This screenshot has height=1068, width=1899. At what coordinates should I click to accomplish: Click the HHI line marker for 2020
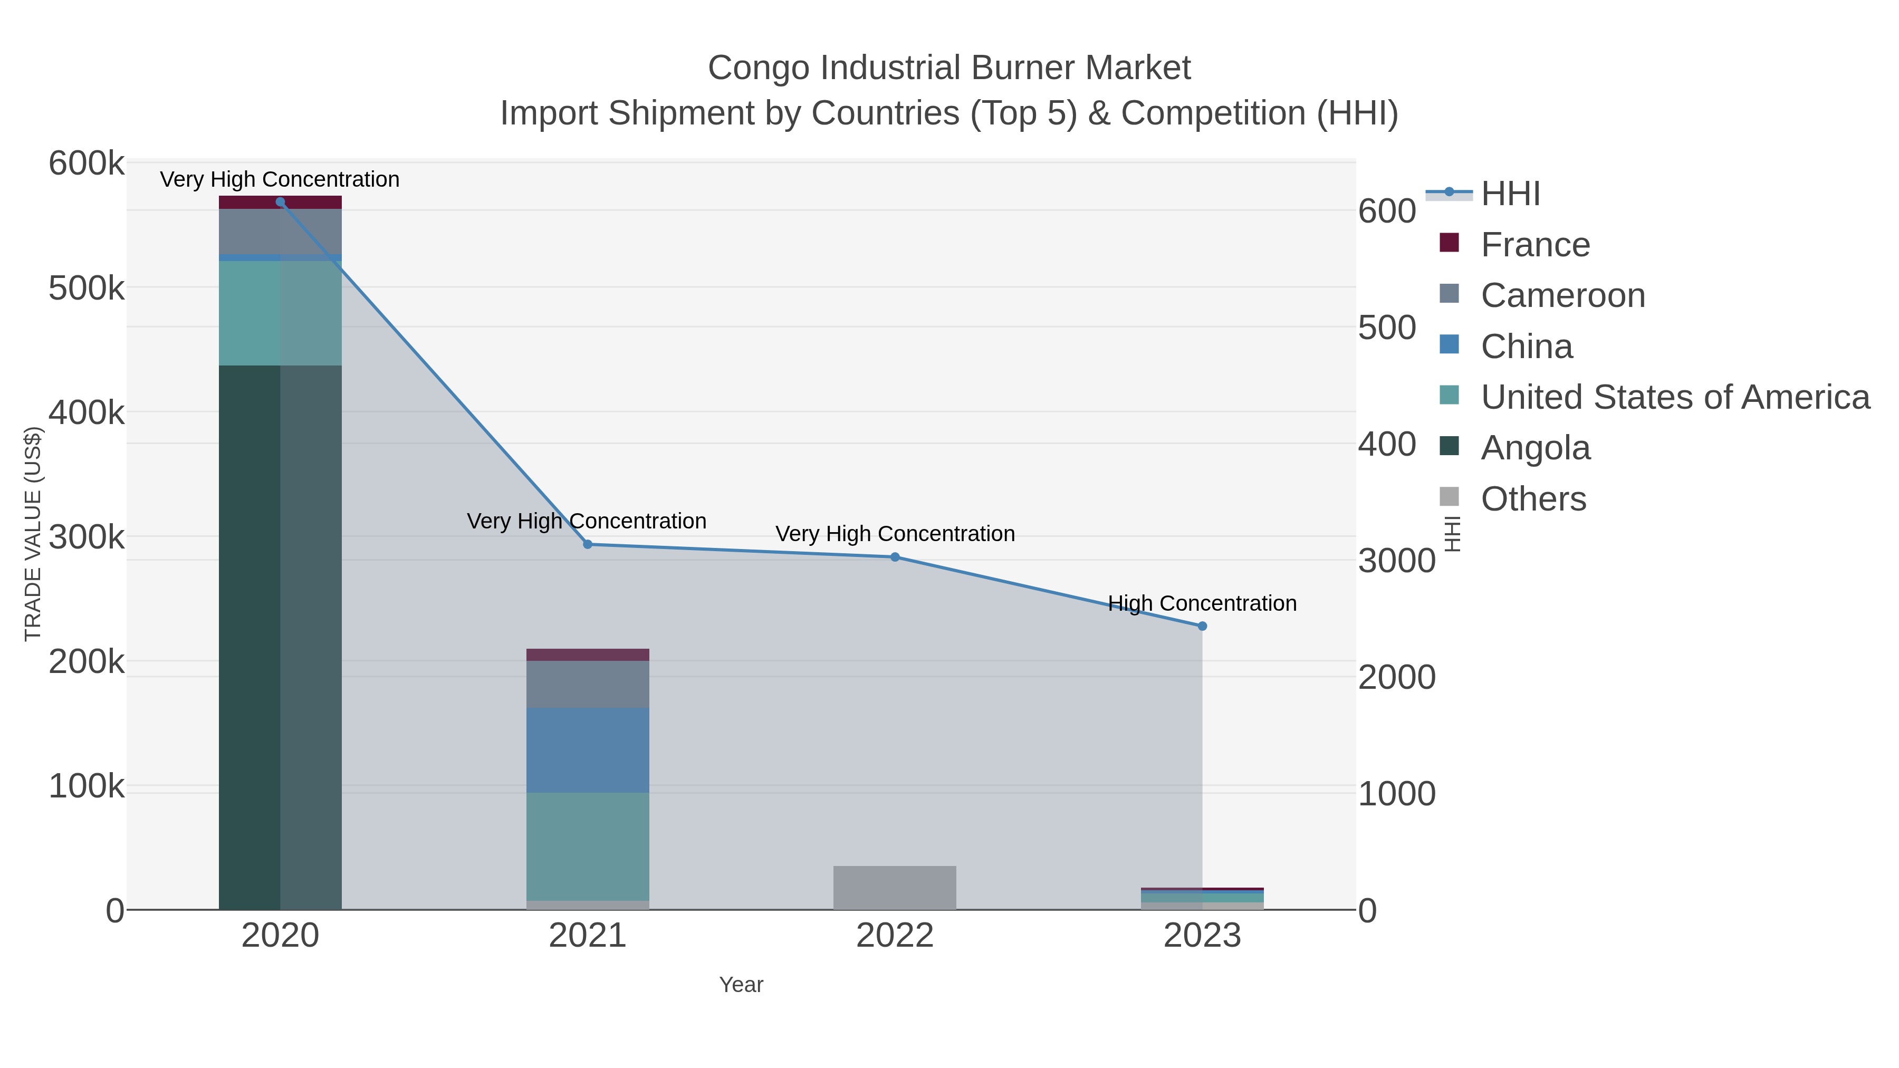tap(280, 202)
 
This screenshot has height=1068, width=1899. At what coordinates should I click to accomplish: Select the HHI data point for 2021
tap(588, 545)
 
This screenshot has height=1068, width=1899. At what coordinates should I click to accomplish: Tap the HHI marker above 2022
tap(895, 557)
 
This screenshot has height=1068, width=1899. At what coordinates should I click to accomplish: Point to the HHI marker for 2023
tap(1202, 627)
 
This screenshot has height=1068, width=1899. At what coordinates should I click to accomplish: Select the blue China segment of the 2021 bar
tap(588, 751)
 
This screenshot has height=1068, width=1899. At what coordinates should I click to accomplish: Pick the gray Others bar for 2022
tap(895, 888)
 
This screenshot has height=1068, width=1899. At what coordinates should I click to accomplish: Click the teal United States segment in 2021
tap(588, 846)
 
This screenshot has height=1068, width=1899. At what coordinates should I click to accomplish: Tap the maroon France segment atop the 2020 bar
tap(280, 202)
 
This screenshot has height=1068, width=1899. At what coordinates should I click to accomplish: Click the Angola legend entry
tap(1535, 448)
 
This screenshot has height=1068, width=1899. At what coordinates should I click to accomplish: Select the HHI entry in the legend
tap(1510, 194)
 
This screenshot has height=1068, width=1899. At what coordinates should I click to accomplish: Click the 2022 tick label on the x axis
tap(895, 936)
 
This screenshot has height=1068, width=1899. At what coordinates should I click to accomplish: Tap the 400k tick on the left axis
tap(87, 413)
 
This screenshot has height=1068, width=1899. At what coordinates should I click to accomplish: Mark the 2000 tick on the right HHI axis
tap(1396, 677)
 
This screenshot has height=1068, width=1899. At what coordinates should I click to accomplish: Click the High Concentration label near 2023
tap(1202, 604)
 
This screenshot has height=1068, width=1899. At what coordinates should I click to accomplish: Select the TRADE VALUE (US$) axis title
tap(33, 534)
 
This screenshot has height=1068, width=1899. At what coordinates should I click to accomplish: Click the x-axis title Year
tap(741, 985)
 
